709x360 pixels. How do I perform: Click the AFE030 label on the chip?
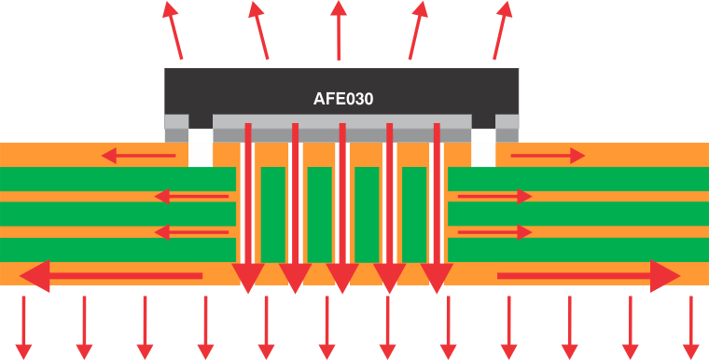pos(342,98)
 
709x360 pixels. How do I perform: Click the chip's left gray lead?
pos(176,128)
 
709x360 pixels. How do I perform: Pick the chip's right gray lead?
pos(507,128)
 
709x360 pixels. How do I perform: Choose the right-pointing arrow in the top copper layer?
pos(547,155)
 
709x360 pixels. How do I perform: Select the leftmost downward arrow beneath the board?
pos(24,326)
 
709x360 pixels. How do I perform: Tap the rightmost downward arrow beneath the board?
pos(690,326)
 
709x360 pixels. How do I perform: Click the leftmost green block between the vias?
pos(272,214)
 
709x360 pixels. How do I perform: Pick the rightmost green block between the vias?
pos(414,214)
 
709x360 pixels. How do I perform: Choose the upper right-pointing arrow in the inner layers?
pos(494,196)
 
